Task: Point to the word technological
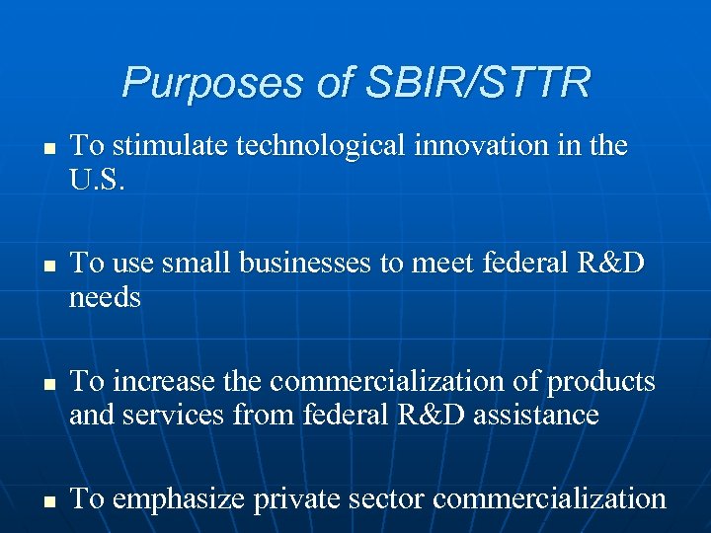(322, 146)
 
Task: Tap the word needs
(105, 298)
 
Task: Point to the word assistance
(535, 416)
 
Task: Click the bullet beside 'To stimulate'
(46, 149)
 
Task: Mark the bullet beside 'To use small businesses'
(46, 266)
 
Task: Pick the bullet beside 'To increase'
(46, 383)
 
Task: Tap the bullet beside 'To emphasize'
(46, 501)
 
